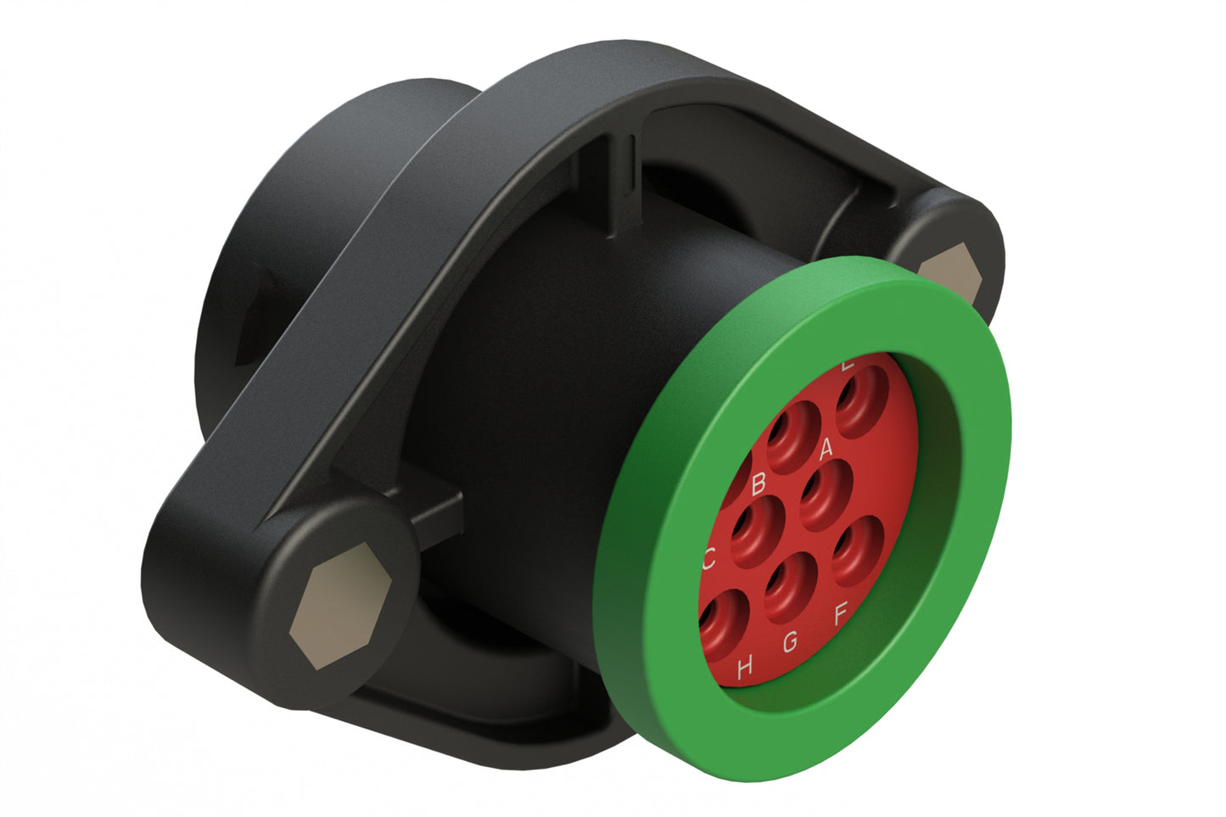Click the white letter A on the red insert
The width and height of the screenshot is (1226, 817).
pyautogui.click(x=826, y=447)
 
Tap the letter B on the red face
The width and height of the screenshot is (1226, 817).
pyautogui.click(x=759, y=482)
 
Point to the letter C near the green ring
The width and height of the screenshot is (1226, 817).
pyautogui.click(x=709, y=558)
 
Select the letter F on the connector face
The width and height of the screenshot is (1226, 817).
pyautogui.click(x=841, y=613)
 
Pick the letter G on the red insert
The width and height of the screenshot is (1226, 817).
pyautogui.click(x=790, y=642)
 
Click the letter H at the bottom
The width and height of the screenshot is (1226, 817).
pyautogui.click(x=745, y=668)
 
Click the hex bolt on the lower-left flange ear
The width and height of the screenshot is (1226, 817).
pyautogui.click(x=339, y=613)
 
